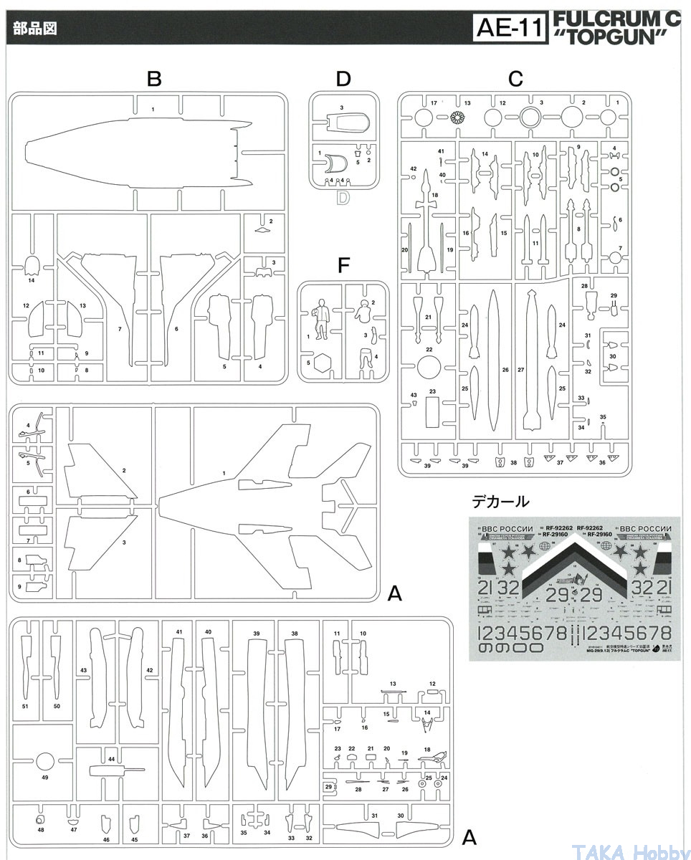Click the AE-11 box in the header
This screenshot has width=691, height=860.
tap(512, 29)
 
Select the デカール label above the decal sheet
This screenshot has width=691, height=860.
tap(500, 501)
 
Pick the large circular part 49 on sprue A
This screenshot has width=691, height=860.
tap(44, 762)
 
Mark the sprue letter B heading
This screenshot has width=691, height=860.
tap(153, 80)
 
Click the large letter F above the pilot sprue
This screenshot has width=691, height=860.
tap(343, 266)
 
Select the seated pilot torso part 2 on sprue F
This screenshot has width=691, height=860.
tap(363, 312)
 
